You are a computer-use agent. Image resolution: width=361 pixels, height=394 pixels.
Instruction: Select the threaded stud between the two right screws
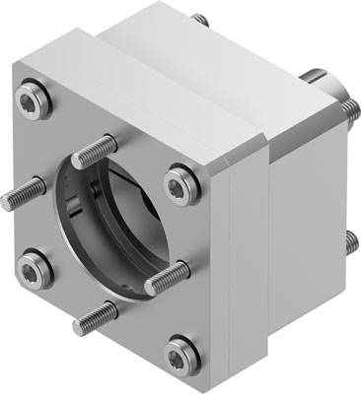pos(166,279)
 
